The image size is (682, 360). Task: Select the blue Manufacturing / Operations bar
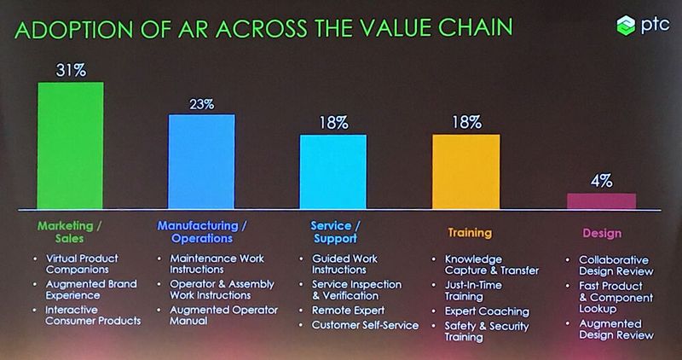201,161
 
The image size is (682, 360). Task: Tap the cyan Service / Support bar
332,171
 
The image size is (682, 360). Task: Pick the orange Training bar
465,171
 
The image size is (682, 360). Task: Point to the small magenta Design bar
601,201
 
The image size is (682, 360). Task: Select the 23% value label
201,104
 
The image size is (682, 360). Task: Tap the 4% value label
600,181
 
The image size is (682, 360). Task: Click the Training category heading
470,232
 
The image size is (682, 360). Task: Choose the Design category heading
601,233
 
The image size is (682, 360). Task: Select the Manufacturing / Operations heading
202,232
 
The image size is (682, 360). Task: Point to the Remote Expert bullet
348,311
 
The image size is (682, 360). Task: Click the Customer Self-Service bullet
365,325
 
